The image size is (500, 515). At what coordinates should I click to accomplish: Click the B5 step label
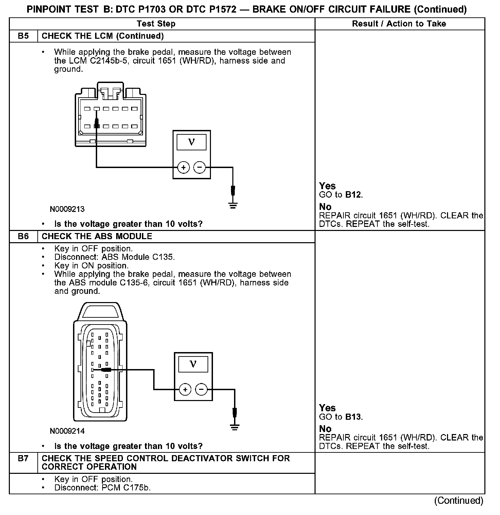pyautogui.click(x=23, y=36)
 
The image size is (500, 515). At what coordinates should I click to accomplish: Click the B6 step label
pyautogui.click(x=23, y=236)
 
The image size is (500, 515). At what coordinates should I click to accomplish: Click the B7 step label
pyautogui.click(x=23, y=459)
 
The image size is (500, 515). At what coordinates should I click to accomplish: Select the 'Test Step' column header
pyautogui.click(x=156, y=24)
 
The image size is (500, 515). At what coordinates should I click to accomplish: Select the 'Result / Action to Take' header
pyautogui.click(x=399, y=24)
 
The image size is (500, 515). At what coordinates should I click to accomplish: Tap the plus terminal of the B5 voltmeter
pyautogui.click(x=183, y=167)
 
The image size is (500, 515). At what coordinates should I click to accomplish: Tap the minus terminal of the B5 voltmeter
pyautogui.click(x=199, y=167)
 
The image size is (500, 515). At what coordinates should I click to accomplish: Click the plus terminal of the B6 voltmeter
pyautogui.click(x=185, y=389)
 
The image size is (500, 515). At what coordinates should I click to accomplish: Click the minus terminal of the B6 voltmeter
pyautogui.click(x=201, y=389)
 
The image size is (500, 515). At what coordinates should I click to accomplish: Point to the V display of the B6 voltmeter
pyautogui.click(x=193, y=364)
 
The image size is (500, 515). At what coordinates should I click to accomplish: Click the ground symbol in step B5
pyautogui.click(x=233, y=205)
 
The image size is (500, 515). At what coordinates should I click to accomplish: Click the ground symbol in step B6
pyautogui.click(x=235, y=427)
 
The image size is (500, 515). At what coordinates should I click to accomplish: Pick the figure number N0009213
pyautogui.click(x=67, y=209)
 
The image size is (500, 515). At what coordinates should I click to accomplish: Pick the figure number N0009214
pyautogui.click(x=67, y=431)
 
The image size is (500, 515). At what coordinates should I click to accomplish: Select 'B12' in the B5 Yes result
pyautogui.click(x=353, y=195)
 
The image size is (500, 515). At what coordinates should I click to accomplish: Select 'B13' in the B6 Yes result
pyautogui.click(x=353, y=417)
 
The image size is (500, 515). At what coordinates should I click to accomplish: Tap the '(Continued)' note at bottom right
pyautogui.click(x=459, y=501)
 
